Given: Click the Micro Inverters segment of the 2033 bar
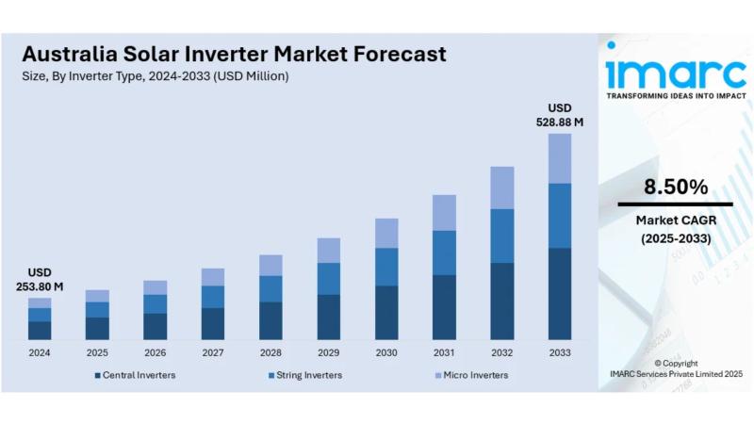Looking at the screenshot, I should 560,158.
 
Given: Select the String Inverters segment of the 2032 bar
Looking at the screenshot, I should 501,236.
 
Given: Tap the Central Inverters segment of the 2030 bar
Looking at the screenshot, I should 386,312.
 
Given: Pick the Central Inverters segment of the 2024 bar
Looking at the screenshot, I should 40,330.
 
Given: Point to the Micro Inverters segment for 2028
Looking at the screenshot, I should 270,265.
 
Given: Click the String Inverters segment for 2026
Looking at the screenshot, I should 155,303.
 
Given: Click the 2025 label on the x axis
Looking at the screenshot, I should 97,353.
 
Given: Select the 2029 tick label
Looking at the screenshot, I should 328,353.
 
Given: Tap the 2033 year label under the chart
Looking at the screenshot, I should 560,353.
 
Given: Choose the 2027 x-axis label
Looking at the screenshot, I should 213,353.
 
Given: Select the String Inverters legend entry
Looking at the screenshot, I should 304,375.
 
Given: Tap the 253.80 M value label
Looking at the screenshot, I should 40,286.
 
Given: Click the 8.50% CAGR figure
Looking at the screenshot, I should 675,188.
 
